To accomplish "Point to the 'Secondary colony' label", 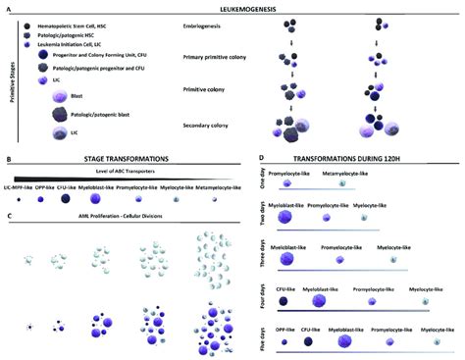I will click(211, 126).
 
